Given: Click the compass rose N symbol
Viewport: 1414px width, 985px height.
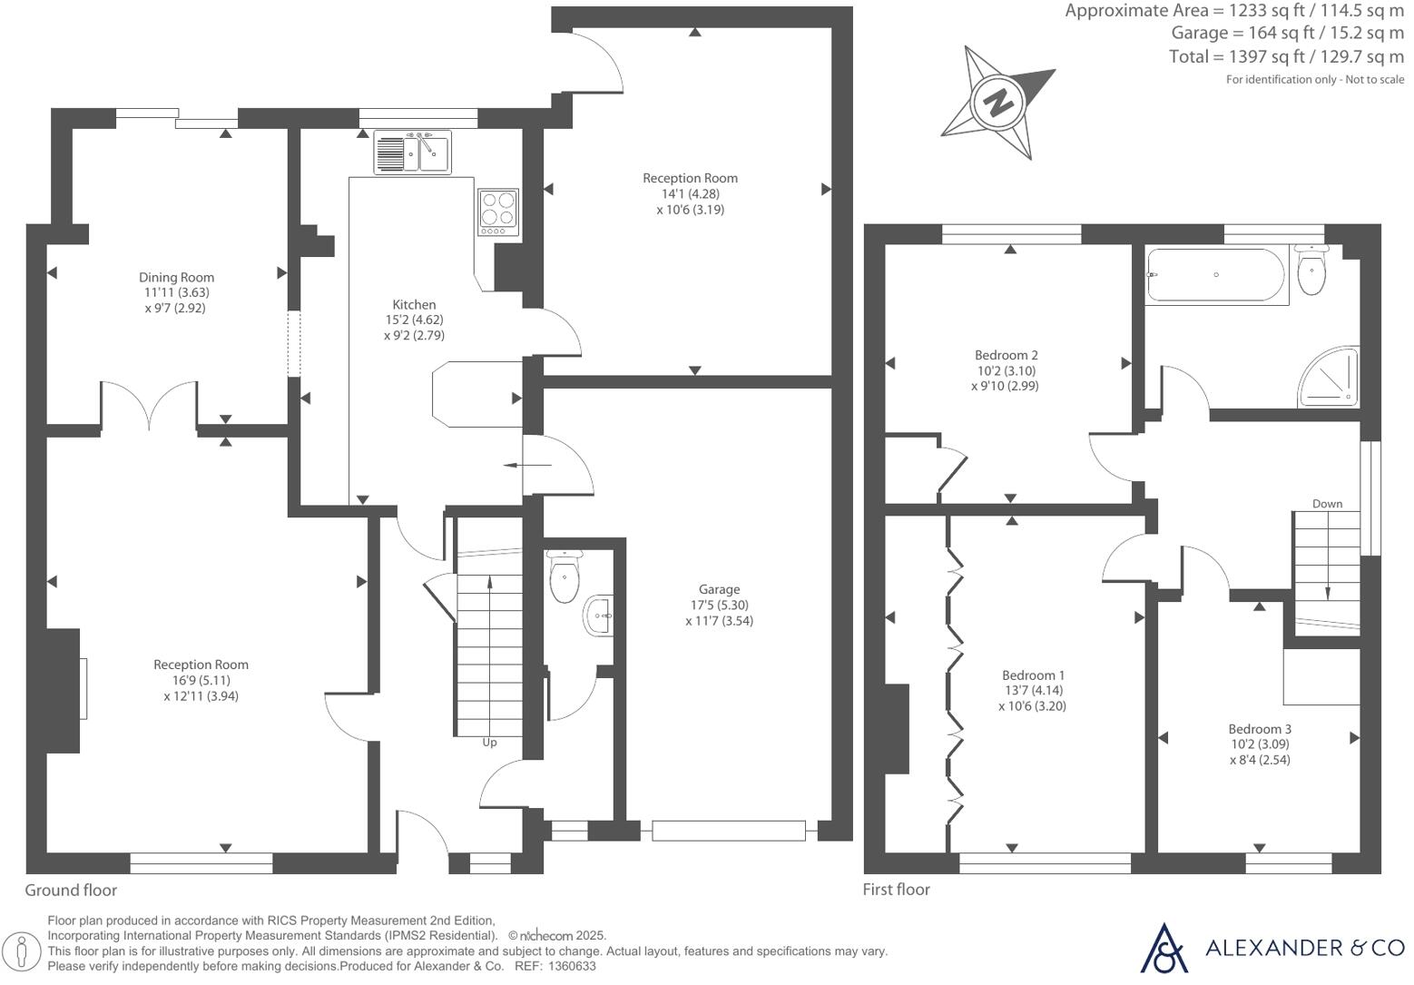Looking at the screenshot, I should point(998,102).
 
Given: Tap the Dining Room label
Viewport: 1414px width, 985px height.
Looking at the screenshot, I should point(176,278).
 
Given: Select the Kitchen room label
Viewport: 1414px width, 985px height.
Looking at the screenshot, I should point(414,305).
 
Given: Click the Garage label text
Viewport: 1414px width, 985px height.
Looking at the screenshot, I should point(719,590).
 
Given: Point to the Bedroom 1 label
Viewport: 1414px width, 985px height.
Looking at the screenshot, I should point(1033,675).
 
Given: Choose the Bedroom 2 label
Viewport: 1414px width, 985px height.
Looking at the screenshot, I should point(1006,355).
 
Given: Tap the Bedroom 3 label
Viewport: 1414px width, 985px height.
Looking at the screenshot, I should point(1260,729).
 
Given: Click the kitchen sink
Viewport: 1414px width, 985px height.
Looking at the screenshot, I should point(412,152).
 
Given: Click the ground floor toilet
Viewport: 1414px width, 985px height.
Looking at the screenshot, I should point(565,577).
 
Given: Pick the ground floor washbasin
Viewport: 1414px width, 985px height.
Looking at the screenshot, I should point(600,616).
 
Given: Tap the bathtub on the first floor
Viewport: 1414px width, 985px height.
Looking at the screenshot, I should point(1215,275).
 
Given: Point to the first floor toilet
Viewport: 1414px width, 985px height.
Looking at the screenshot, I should point(1311,270).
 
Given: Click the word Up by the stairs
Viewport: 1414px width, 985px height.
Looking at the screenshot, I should point(489,743).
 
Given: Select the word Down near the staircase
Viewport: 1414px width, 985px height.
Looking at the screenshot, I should point(1327,504).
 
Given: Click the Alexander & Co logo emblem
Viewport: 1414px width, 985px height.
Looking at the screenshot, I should point(1164,948).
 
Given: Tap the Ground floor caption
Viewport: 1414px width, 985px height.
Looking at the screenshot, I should point(71,891).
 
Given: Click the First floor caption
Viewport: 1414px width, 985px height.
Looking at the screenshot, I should point(896,890).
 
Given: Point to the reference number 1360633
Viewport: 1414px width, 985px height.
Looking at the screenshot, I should point(571,967).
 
